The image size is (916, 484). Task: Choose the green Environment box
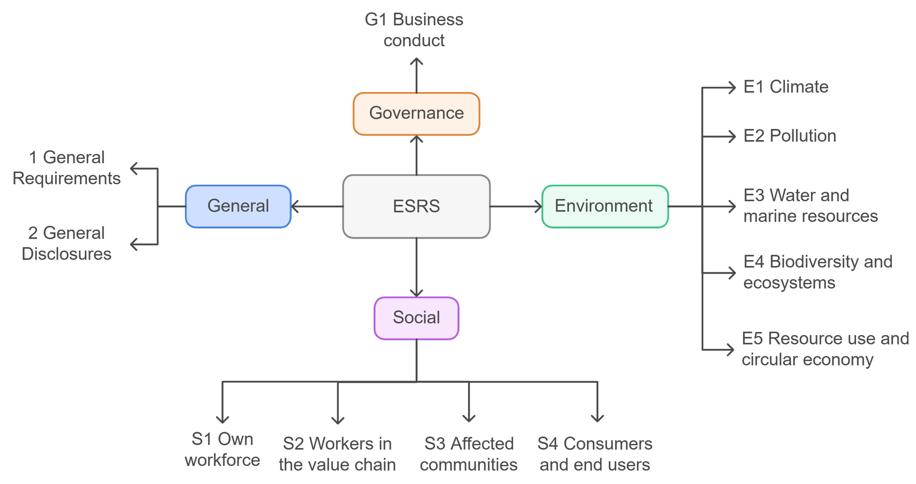[605, 206]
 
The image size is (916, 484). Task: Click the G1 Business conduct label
[414, 30]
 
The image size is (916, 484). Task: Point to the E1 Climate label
[786, 87]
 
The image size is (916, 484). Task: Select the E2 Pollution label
[789, 136]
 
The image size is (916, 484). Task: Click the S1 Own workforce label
[222, 449]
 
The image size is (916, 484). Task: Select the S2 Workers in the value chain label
[337, 454]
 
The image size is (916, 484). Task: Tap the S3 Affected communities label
[469, 454]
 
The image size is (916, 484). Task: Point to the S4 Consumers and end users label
[595, 454]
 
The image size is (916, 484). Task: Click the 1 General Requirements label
[66, 168]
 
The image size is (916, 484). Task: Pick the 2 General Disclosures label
[66, 244]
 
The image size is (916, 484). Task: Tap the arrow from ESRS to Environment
[515, 206]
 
